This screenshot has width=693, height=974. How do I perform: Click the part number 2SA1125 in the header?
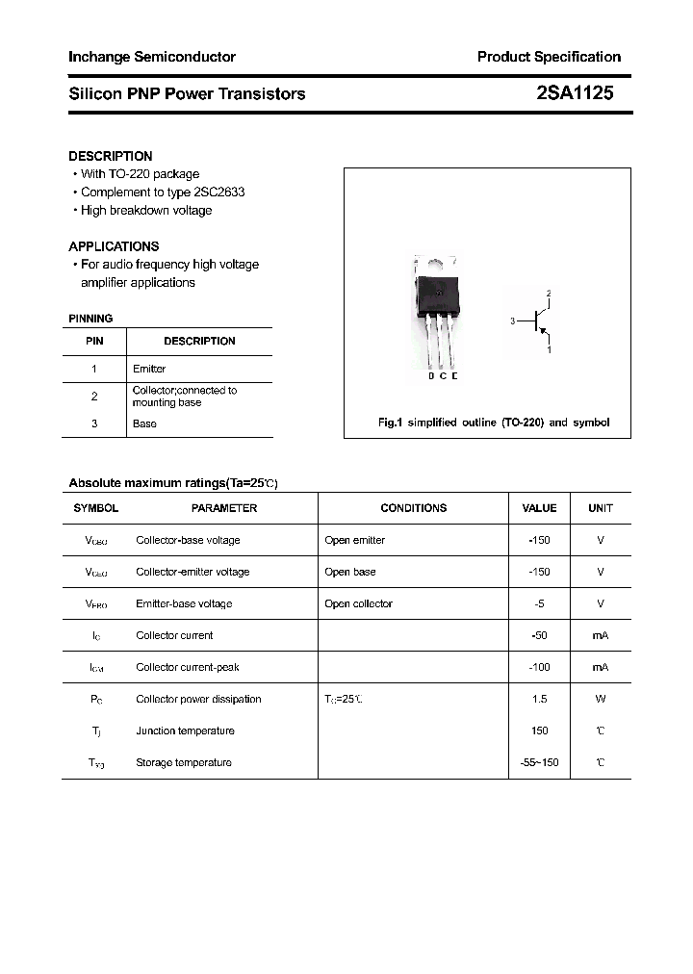(575, 93)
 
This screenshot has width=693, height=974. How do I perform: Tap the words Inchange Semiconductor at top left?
(152, 57)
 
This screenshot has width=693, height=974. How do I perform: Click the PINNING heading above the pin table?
(90, 319)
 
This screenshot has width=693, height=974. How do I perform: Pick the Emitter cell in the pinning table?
(149, 369)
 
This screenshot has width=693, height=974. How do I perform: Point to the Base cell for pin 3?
(144, 423)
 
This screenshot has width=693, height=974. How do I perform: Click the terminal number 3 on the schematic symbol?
(513, 321)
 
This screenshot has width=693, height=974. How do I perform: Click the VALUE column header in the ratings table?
(539, 508)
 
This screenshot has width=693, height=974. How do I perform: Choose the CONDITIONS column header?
(414, 508)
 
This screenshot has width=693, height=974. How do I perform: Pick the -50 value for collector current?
(539, 636)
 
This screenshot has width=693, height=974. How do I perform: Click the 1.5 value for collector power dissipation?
(539, 700)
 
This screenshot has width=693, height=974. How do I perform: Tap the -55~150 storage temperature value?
(539, 763)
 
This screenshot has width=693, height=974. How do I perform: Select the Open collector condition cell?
(359, 604)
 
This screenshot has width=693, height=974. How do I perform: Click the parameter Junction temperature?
(185, 731)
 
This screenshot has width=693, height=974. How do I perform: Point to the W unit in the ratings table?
(600, 700)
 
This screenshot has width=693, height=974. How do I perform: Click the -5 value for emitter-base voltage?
(539, 604)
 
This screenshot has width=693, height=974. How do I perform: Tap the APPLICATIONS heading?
(114, 246)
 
